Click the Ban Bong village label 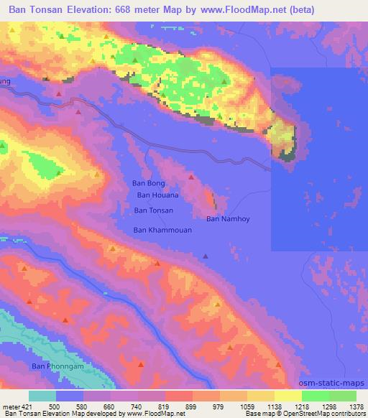pyautogui.click(x=149, y=183)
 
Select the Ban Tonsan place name pyautogui.click(x=153, y=210)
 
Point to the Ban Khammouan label pyautogui.click(x=162, y=231)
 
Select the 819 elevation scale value pyautogui.click(x=165, y=406)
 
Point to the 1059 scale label pyautogui.click(x=247, y=406)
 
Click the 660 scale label pyautogui.click(x=111, y=406)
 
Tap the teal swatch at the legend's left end pyautogui.click(x=42, y=396)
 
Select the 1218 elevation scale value pyautogui.click(x=302, y=406)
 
